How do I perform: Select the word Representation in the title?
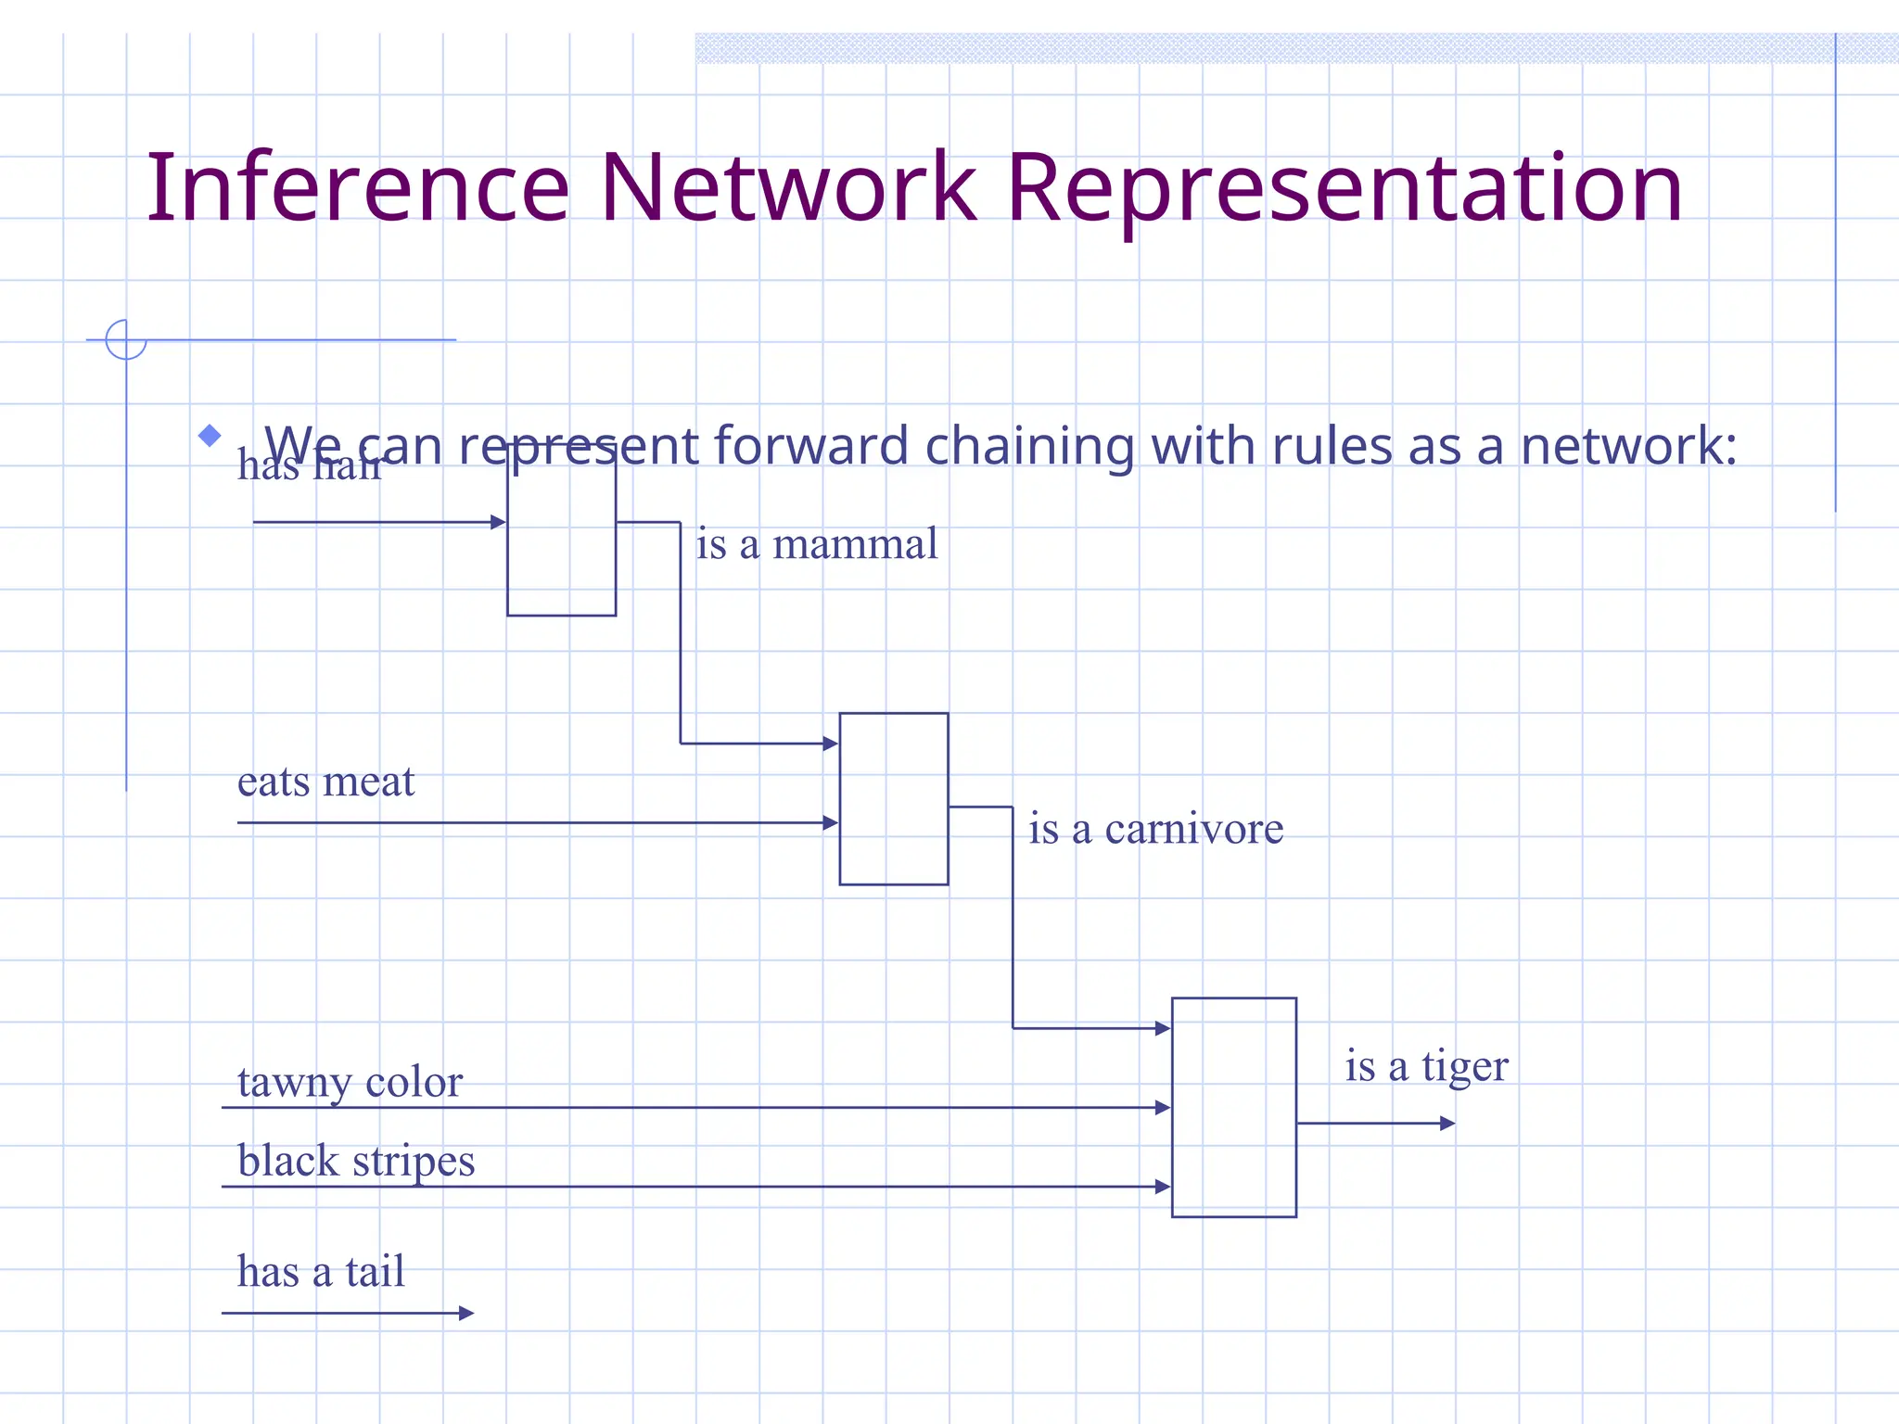point(1344,190)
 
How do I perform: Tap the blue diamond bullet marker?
point(210,435)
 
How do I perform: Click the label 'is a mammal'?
point(816,544)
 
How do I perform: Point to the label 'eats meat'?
point(325,782)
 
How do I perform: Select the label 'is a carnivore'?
point(1155,829)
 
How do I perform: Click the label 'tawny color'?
point(350,1082)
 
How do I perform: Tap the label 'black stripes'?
point(356,1161)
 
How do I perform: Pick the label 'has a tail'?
point(321,1271)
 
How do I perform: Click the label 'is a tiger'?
point(1426,1066)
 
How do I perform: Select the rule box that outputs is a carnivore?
point(893,798)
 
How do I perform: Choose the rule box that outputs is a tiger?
point(1233,1107)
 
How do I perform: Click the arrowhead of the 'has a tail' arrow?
point(467,1313)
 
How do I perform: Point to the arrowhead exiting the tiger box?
point(1447,1123)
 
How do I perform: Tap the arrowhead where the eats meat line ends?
point(831,822)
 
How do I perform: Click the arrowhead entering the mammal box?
point(498,522)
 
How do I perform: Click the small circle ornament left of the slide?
point(126,339)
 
